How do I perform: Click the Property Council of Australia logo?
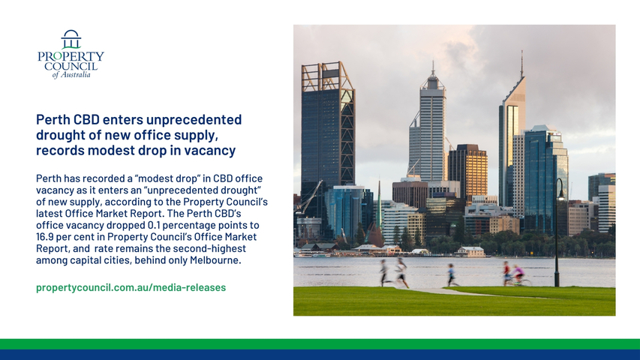pyautogui.click(x=71, y=54)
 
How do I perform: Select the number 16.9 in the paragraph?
pyautogui.click(x=45, y=237)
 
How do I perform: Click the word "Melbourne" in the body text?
pyautogui.click(x=215, y=260)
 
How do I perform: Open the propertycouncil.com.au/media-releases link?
pyautogui.click(x=131, y=287)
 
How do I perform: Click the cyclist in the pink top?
pyautogui.click(x=518, y=274)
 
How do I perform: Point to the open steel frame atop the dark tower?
pyautogui.click(x=327, y=76)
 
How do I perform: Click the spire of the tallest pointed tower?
pyautogui.click(x=521, y=64)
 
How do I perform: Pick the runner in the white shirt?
pyautogui.click(x=401, y=272)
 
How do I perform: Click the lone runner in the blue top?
pyautogui.click(x=452, y=274)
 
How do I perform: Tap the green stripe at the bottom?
pyautogui.click(x=320, y=344)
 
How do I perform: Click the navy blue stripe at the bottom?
pyautogui.click(x=320, y=355)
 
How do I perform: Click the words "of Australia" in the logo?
pyautogui.click(x=71, y=75)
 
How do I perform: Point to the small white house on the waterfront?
pyautogui.click(x=470, y=251)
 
